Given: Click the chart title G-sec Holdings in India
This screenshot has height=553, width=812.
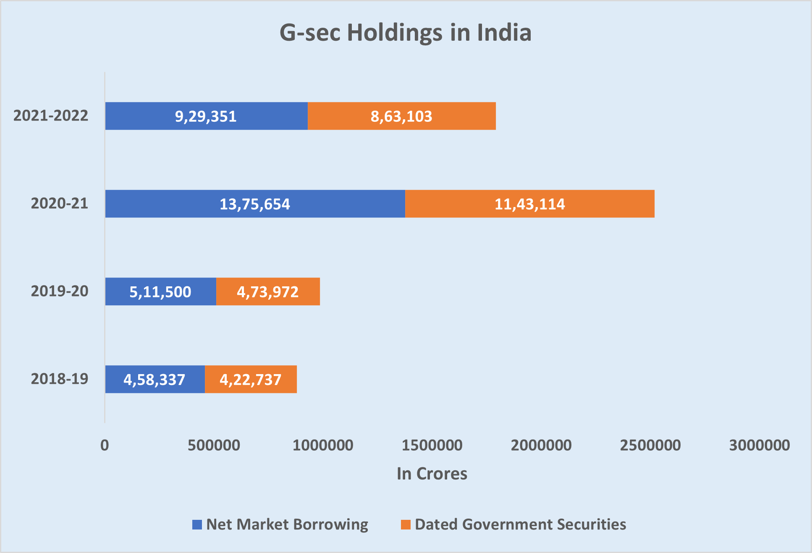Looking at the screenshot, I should [x=406, y=33].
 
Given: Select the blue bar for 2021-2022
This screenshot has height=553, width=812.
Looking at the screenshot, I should [x=206, y=116].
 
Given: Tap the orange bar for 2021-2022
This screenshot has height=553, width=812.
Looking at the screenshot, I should [x=401, y=116].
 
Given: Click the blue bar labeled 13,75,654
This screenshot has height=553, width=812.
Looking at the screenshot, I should [x=255, y=204].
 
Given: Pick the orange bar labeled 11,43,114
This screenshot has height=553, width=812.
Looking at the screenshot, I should [x=529, y=204].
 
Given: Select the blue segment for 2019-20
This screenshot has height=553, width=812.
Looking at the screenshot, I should [x=160, y=291].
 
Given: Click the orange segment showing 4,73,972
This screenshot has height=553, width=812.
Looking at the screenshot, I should [x=268, y=291].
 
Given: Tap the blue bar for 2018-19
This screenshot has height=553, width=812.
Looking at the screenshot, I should [x=155, y=379].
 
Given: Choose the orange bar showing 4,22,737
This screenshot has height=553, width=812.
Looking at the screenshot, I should [x=251, y=379].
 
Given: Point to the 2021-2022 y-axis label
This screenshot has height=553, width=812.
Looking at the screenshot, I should [x=51, y=115].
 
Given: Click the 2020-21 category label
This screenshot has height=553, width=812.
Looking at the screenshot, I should [x=60, y=203].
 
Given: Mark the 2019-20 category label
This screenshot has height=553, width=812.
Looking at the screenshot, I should [x=60, y=291].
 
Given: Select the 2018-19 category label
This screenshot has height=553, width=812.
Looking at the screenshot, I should [x=60, y=379].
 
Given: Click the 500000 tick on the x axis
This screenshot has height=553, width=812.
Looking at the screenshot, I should [x=214, y=445].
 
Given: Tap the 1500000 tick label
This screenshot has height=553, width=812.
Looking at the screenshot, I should [x=432, y=445].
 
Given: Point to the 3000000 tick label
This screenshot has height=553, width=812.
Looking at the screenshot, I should [x=760, y=445].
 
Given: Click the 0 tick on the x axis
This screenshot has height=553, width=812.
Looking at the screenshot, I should [x=105, y=445].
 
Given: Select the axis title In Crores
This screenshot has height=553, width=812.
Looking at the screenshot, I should [x=432, y=474].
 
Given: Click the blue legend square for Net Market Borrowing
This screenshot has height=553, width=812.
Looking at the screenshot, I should [x=197, y=524].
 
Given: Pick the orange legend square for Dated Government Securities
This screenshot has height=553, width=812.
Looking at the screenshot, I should [x=406, y=524].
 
